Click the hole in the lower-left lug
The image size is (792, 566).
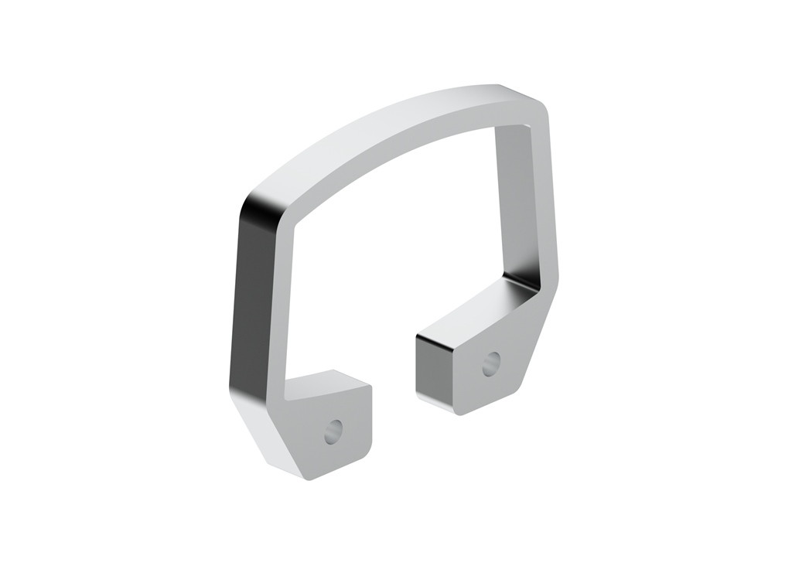click(x=334, y=431)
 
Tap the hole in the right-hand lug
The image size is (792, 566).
click(x=490, y=363)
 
